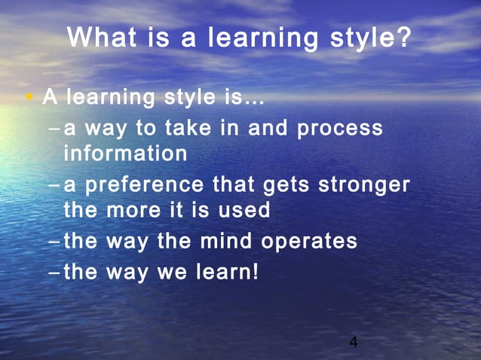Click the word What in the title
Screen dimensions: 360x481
click(x=103, y=37)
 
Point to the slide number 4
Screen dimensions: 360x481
click(x=353, y=343)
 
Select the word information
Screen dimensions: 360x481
click(x=125, y=154)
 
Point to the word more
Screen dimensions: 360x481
click(x=133, y=209)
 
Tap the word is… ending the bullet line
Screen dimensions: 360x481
click(x=244, y=98)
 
